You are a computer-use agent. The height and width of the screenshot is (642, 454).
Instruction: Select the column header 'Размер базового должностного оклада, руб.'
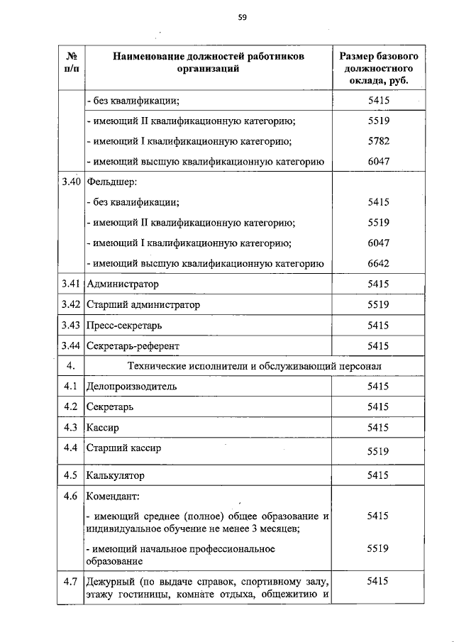pos(378,68)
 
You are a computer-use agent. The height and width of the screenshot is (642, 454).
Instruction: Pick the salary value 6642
pos(378,263)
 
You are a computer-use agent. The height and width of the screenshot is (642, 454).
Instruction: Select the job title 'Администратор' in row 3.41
pos(122,284)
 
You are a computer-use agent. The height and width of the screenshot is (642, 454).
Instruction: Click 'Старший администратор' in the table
pos(143,304)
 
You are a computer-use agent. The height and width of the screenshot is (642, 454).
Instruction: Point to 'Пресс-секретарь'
pos(123,325)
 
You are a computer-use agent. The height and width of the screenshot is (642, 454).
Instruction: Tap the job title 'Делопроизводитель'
pos(131,387)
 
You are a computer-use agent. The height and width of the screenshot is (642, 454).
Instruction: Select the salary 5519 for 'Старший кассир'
pos(378,450)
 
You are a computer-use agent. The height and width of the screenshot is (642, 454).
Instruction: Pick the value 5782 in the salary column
pos(378,140)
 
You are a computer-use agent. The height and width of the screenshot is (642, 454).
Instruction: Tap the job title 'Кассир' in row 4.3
pos(101,428)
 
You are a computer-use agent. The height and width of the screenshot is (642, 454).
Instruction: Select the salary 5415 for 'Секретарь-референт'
pos(378,345)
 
